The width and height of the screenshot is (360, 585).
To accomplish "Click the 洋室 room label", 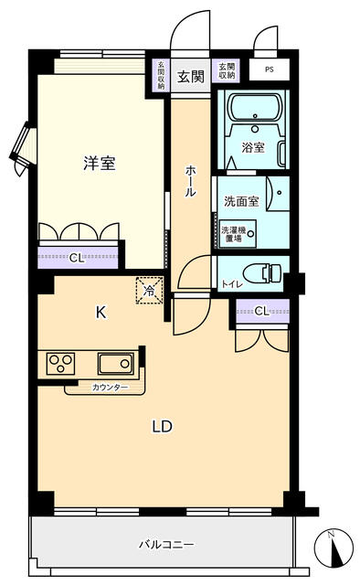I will (x=100, y=164).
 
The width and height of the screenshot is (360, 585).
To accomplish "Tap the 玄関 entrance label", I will (x=190, y=75).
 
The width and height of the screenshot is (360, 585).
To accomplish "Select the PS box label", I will (x=269, y=69).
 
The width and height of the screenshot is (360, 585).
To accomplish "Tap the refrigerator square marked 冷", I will (x=150, y=289).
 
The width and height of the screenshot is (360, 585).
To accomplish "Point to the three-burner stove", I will (x=60, y=364).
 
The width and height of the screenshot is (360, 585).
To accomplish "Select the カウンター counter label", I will (x=111, y=388).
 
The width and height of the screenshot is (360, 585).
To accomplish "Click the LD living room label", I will (x=162, y=426).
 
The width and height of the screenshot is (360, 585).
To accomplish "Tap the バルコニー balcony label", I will (x=166, y=545).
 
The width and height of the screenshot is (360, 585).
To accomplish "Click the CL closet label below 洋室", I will (x=77, y=258).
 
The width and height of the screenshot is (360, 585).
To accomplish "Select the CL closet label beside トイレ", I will (x=261, y=312).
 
